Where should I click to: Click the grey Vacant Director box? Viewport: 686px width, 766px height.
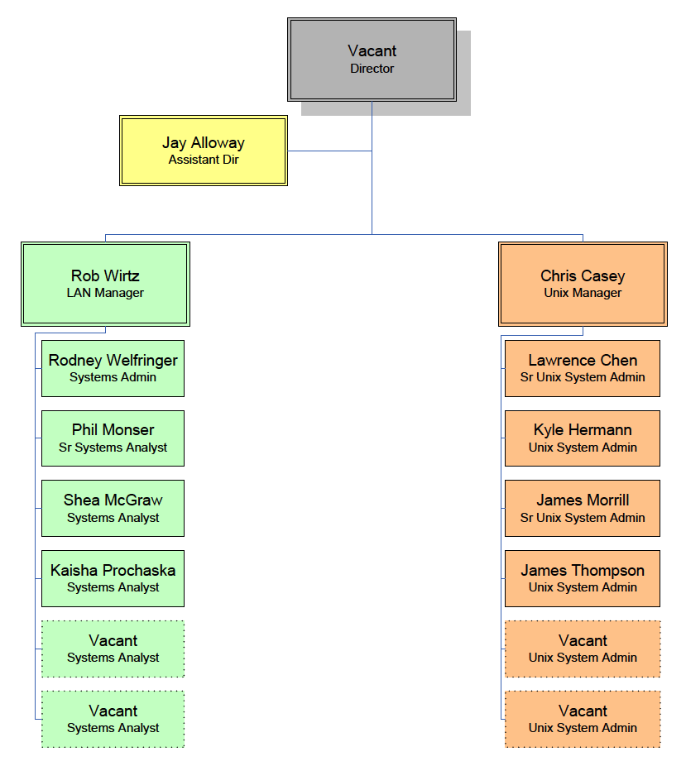pyautogui.click(x=372, y=60)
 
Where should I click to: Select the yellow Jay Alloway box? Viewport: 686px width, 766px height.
pyautogui.click(x=204, y=151)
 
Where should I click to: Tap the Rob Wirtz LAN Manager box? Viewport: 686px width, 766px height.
pyautogui.click(x=105, y=284)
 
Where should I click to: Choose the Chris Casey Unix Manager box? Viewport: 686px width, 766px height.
pyautogui.click(x=583, y=284)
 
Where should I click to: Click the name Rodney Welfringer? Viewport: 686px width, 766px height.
pyautogui.click(x=113, y=361)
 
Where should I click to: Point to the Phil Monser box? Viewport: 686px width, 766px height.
pyautogui.click(x=113, y=438)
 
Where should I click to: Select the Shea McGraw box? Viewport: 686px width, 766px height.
pyautogui.click(x=113, y=509)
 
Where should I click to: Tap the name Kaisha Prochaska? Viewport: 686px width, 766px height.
pyautogui.click(x=113, y=571)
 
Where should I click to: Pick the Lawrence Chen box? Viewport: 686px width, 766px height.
pyautogui.click(x=583, y=368)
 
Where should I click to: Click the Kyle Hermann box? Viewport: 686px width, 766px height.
pyautogui.click(x=583, y=438)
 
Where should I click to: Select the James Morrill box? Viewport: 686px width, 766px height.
pyautogui.click(x=583, y=509)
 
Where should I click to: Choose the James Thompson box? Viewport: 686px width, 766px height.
pyautogui.click(x=583, y=578)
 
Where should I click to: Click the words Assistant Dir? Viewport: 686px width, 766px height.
pyautogui.click(x=204, y=160)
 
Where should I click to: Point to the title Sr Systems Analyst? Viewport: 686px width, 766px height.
pyautogui.click(x=113, y=448)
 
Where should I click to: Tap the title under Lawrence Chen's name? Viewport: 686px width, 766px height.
pyautogui.click(x=583, y=377)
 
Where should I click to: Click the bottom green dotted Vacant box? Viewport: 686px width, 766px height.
pyautogui.click(x=113, y=719)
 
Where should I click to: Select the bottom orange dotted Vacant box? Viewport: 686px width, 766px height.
pyautogui.click(x=583, y=719)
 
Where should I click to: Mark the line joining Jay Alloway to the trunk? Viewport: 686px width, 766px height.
pyautogui.click(x=329, y=151)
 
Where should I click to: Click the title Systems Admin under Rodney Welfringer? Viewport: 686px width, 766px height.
pyautogui.click(x=113, y=377)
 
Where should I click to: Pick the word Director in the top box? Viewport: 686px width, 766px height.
pyautogui.click(x=372, y=69)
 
